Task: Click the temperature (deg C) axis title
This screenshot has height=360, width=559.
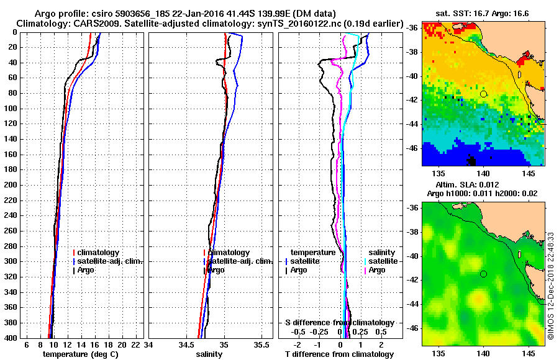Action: coord(80,354)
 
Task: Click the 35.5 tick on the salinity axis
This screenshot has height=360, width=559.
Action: coord(263,344)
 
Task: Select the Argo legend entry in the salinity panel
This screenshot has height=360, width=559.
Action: coord(216,270)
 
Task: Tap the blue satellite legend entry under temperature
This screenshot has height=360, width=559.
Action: coord(306,261)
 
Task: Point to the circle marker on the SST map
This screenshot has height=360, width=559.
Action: coord(483,94)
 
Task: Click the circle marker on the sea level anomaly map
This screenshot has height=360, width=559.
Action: coord(483,274)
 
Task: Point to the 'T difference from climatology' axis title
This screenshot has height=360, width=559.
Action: coord(339,354)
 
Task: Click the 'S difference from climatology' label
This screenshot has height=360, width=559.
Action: coord(339,323)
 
